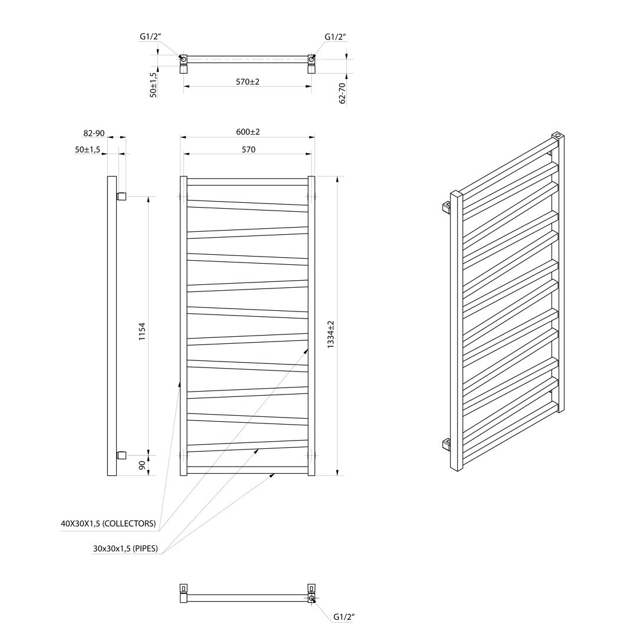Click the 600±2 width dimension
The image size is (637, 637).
[x=248, y=132]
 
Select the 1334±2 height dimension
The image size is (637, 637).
[x=331, y=334]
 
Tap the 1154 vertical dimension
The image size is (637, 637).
[x=142, y=331]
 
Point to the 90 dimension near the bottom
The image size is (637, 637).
[x=142, y=465]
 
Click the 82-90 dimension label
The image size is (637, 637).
[x=94, y=133]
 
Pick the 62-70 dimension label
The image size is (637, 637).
[x=342, y=93]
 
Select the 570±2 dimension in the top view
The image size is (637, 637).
[x=248, y=81]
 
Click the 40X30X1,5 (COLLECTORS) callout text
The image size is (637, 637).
[x=109, y=524]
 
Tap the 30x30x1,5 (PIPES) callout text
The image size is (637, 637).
[x=126, y=549]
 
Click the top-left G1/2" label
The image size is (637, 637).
[x=151, y=37]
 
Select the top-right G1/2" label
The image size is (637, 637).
[x=335, y=37]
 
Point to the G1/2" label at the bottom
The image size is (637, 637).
[x=344, y=617]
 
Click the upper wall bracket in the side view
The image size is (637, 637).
[x=122, y=196]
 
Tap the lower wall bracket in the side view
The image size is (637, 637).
[x=122, y=455]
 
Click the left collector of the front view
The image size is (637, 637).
[x=183, y=326]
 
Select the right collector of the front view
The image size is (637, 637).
[x=311, y=326]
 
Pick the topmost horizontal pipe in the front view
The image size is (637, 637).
[x=247, y=182]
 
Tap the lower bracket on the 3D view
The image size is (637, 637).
[x=447, y=445]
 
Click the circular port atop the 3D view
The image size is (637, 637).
[x=558, y=134]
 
